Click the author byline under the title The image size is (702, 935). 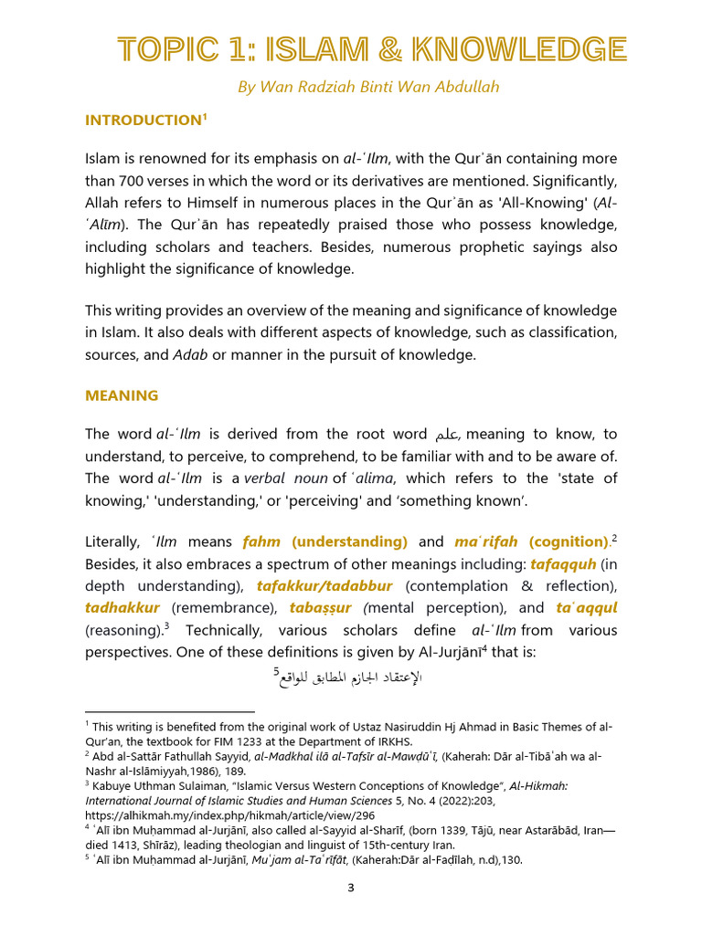[370, 87]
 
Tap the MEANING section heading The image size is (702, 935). [122, 395]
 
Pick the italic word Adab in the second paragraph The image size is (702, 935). [189, 354]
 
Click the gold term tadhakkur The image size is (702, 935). [122, 607]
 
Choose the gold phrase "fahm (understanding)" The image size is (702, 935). [324, 542]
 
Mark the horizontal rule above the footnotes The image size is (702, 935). [169, 711]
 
